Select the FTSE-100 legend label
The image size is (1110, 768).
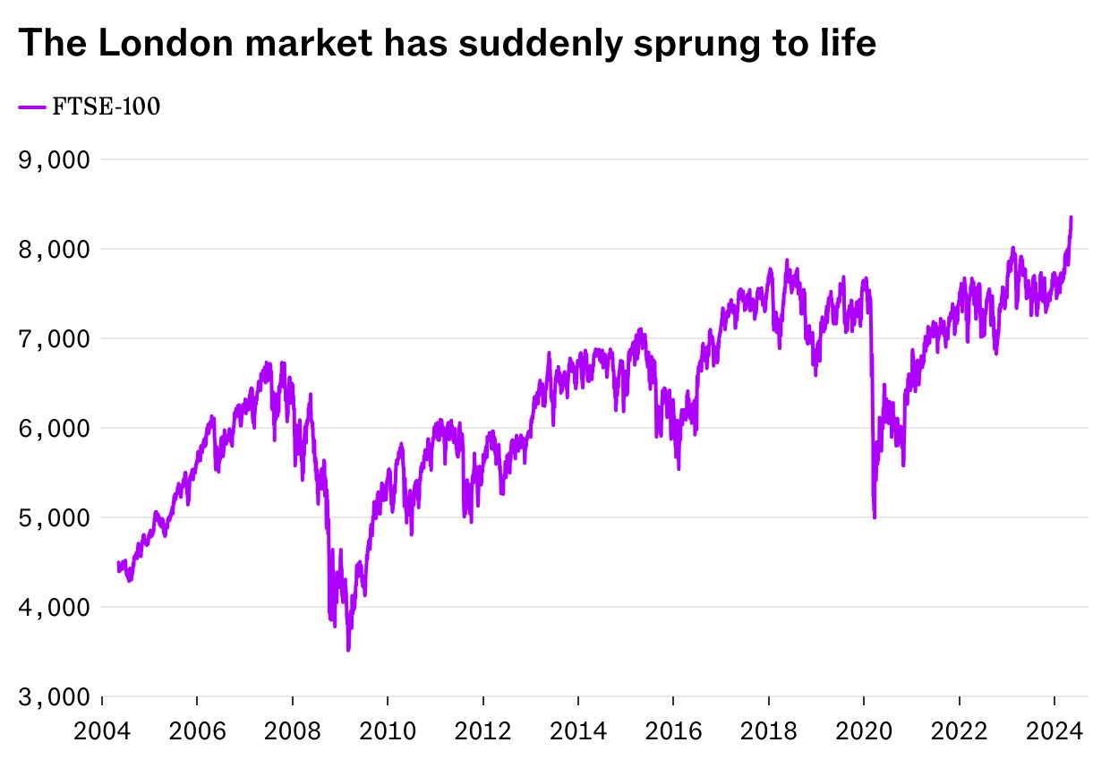coord(107,107)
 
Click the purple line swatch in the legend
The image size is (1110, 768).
coord(32,107)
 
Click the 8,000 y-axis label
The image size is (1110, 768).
coord(55,249)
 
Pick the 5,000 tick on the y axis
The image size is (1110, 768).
coord(55,517)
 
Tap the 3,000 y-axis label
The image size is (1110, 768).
coord(55,696)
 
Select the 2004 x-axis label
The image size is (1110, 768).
coord(102,731)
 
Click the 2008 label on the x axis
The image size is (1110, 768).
coord(293,731)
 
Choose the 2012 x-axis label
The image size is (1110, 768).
coord(482,731)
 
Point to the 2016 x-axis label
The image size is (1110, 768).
coord(673,731)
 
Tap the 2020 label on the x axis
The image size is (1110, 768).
coord(864,731)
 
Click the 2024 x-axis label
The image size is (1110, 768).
coord(1054,731)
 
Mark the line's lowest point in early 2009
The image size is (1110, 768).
coord(348,650)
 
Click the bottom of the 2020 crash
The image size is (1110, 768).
coord(874,516)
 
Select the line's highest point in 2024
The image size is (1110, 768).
coord(1071,217)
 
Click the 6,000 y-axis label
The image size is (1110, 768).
coord(55,428)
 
